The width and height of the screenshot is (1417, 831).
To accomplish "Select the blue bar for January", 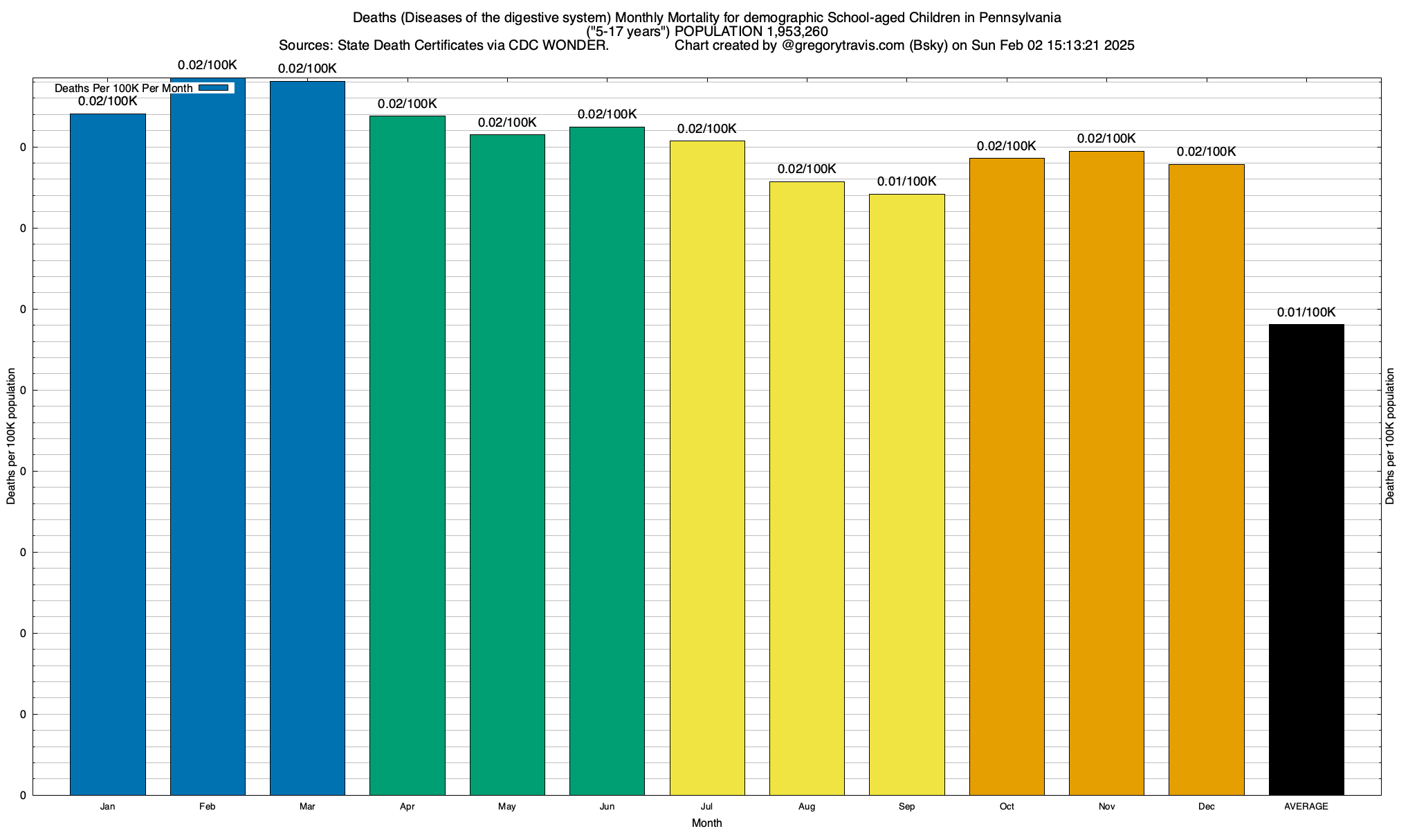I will pyautogui.click(x=108, y=454).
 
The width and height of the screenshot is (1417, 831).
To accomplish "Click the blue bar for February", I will pyautogui.click(x=208, y=436).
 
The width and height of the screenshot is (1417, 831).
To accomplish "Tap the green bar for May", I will pyautogui.click(x=507, y=464).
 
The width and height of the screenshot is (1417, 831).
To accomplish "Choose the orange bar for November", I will pyautogui.click(x=1106, y=472).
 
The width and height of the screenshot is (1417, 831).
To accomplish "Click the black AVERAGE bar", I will pyautogui.click(x=1306, y=559).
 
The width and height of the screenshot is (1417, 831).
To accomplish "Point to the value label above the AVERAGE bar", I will pyautogui.click(x=1306, y=312).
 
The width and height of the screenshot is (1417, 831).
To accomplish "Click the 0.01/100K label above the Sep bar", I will pyautogui.click(x=906, y=181).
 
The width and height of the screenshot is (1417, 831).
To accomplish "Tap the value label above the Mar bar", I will pyautogui.click(x=307, y=69).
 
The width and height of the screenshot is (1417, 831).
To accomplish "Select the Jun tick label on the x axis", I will pyautogui.click(x=607, y=807).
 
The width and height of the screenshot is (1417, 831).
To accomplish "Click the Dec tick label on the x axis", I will pyautogui.click(x=1207, y=807).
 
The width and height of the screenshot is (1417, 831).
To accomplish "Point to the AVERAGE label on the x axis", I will pyautogui.click(x=1306, y=807).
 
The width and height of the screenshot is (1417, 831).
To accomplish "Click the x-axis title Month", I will pyautogui.click(x=706, y=823).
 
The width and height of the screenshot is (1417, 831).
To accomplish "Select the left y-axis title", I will pyautogui.click(x=11, y=436).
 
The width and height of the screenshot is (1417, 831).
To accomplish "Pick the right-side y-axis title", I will pyautogui.click(x=1391, y=436).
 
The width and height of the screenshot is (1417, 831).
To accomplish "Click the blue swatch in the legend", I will pyautogui.click(x=213, y=88).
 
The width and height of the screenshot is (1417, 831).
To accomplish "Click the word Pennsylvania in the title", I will pyautogui.click(x=1020, y=17).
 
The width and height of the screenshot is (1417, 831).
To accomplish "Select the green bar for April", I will pyautogui.click(x=408, y=455).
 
